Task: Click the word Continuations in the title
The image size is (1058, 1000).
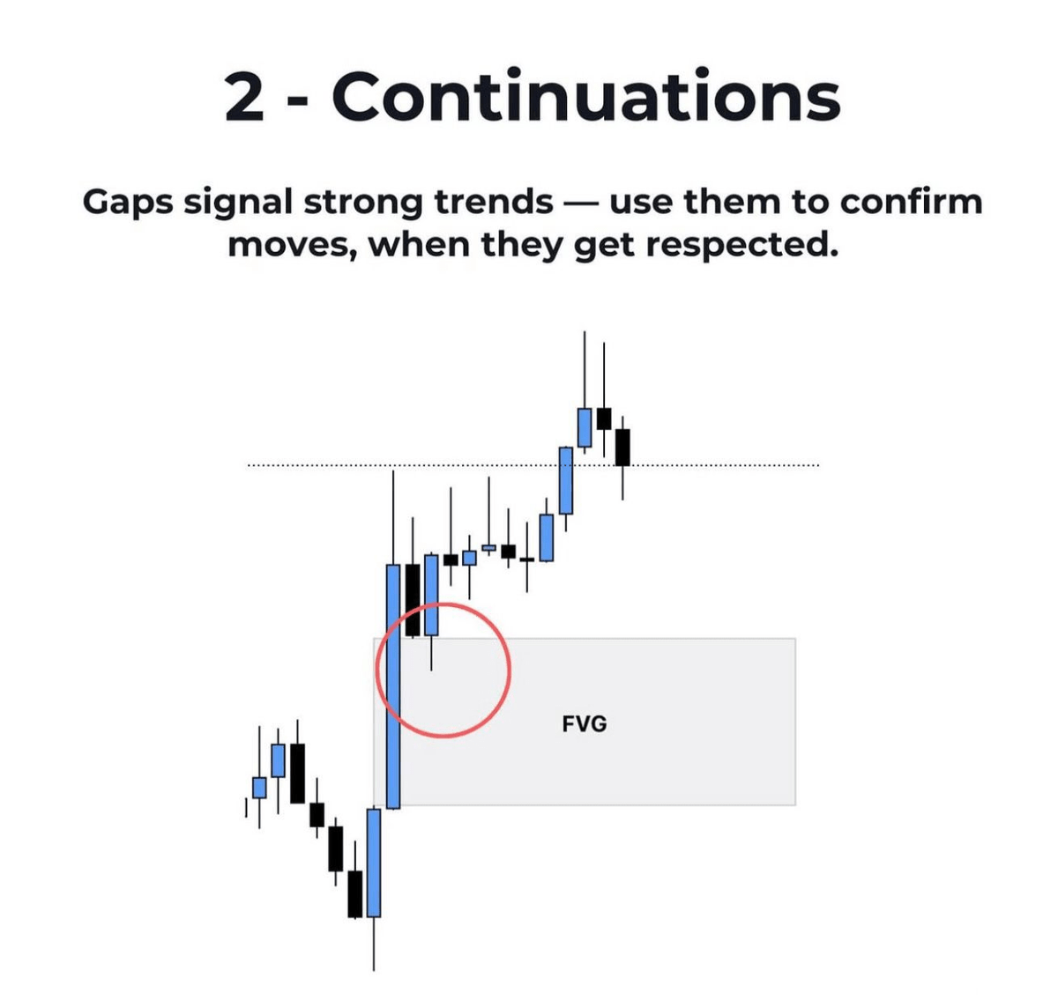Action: [x=585, y=97]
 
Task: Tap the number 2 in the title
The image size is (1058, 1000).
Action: [x=244, y=97]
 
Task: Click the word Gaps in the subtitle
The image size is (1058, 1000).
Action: [x=128, y=204]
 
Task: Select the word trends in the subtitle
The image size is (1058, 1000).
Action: [x=494, y=203]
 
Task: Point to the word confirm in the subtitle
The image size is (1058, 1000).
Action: [x=911, y=203]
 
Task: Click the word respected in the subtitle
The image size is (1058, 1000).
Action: [x=741, y=247]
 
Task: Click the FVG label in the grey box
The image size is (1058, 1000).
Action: [x=584, y=724]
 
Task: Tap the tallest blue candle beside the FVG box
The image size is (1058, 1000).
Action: [x=393, y=685]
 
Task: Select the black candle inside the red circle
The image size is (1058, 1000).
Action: [x=413, y=600]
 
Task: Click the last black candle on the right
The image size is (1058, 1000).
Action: [x=622, y=447]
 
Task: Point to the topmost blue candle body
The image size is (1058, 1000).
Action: [x=585, y=427]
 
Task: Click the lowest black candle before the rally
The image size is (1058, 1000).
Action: [x=355, y=894]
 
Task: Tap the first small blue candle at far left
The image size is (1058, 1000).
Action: [x=259, y=788]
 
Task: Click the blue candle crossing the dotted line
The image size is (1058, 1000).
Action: [x=566, y=480]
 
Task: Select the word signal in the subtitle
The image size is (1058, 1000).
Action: [x=238, y=204]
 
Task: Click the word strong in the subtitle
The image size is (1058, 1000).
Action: [x=363, y=204]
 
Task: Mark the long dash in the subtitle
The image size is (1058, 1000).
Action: [x=581, y=204]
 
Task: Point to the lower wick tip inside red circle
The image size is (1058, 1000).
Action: [x=432, y=670]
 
